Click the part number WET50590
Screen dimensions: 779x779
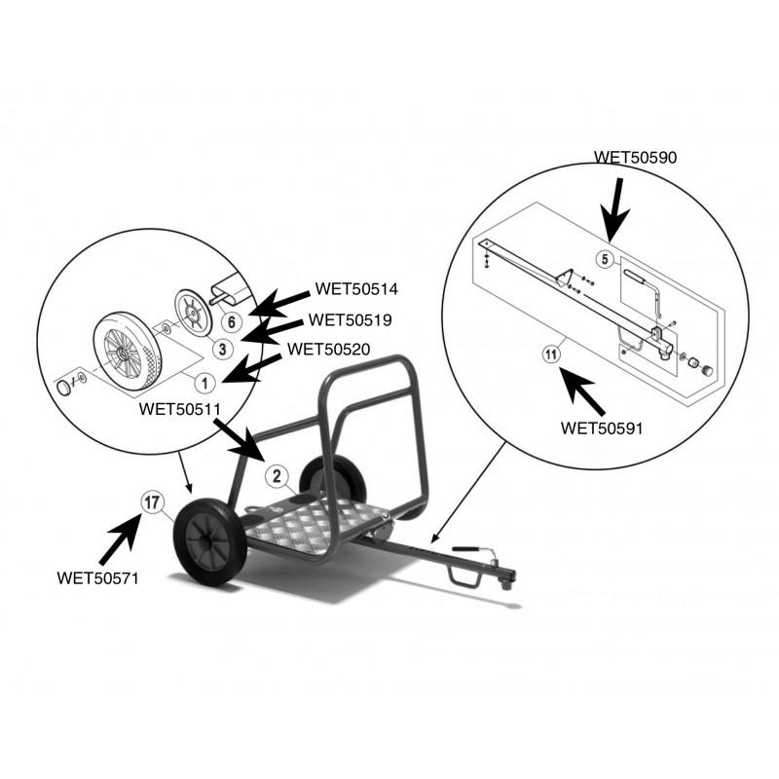pos(635,158)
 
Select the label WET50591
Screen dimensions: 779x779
pos(602,427)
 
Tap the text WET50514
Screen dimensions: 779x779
pos(356,288)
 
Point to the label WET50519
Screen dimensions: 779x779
pos(350,319)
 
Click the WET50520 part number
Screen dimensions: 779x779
pos(328,349)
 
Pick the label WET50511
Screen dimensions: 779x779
pos(179,409)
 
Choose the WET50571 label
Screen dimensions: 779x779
pos(98,577)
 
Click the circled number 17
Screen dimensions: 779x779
pos(153,502)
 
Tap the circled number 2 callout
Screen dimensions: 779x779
pos(277,476)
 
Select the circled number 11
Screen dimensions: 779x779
pos(551,354)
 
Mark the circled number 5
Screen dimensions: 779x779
pos(605,259)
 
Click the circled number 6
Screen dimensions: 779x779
pos(232,322)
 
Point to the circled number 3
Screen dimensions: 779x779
pos(223,349)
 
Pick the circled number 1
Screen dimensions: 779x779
pos(204,383)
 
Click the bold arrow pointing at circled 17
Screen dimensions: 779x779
pos(121,539)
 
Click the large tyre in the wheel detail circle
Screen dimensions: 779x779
pos(128,351)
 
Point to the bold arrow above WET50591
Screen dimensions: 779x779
pos(582,390)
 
